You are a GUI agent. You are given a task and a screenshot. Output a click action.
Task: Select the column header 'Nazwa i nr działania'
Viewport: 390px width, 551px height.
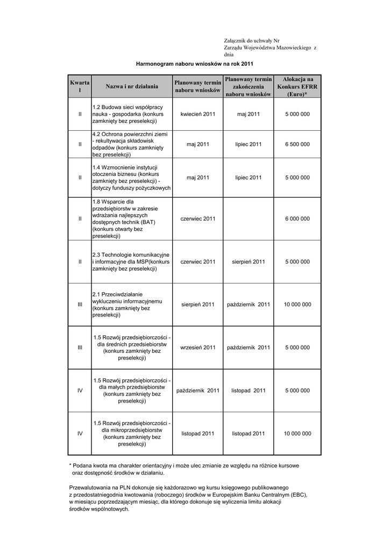point(132,86)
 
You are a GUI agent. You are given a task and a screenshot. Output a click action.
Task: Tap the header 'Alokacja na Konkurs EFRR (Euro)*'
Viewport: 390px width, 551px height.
point(297,86)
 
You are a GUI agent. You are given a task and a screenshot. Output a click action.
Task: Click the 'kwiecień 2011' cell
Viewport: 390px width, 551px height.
point(198,114)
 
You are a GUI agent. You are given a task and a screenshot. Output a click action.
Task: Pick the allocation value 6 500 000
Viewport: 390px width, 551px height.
point(297,144)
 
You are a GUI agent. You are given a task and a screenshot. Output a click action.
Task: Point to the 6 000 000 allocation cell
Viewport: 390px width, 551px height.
point(297,218)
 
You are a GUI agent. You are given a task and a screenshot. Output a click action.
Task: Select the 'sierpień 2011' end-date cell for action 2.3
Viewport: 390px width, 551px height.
point(249,262)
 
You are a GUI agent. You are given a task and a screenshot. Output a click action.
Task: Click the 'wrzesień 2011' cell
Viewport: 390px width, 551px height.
point(198,347)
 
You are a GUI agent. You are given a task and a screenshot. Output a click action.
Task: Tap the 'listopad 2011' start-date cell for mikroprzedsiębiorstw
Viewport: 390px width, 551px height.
point(198,433)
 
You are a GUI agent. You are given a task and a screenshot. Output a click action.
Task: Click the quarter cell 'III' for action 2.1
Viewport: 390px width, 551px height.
point(80,305)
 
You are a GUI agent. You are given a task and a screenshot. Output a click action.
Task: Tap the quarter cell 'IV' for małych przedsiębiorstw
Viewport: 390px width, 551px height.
point(80,390)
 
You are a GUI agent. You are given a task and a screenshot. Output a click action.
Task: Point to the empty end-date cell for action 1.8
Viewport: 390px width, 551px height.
point(249,218)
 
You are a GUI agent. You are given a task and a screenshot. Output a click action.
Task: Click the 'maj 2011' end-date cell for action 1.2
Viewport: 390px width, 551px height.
point(249,114)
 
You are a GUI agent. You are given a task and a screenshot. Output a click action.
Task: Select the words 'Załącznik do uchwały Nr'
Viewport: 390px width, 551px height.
point(252,41)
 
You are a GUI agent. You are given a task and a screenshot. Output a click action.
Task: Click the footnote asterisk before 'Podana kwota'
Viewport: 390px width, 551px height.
point(70,465)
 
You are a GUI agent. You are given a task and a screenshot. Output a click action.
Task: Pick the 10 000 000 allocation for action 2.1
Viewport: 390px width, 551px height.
point(297,305)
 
